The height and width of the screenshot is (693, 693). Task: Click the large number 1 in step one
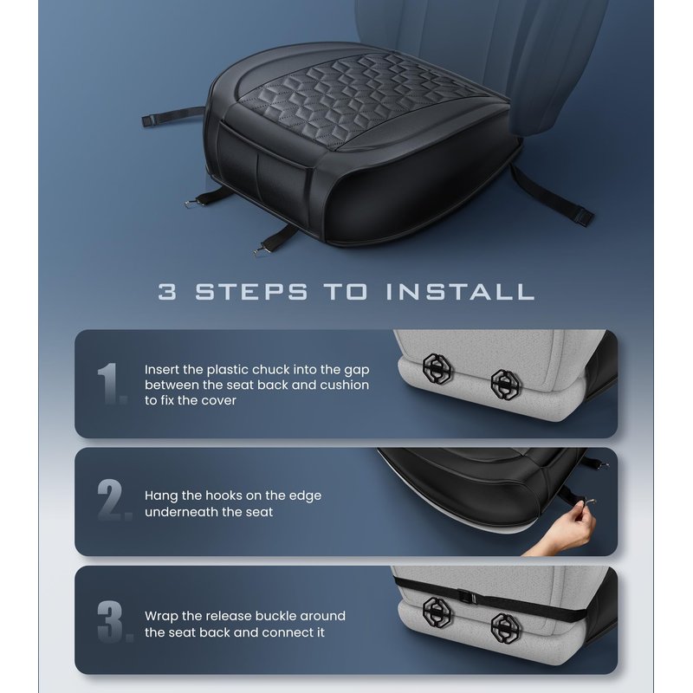point(110,384)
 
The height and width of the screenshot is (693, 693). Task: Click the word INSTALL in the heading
point(460,292)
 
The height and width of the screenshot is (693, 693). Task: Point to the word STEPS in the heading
point(251,292)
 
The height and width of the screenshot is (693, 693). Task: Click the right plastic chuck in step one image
point(507,384)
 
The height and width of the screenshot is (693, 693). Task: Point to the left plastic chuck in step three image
point(437,612)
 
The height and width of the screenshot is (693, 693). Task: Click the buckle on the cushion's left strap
point(149,120)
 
